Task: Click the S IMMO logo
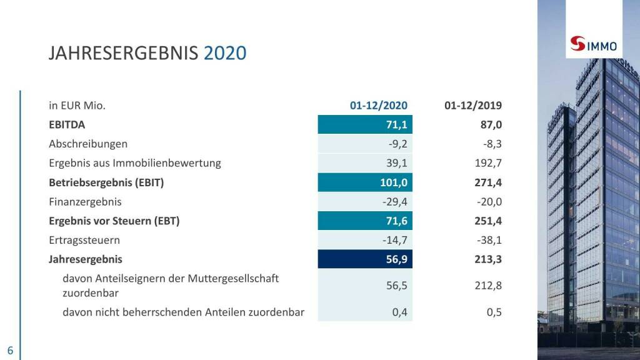pos(594,45)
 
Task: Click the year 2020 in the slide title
pos(225,53)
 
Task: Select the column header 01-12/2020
pos(378,106)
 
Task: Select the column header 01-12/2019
pos(473,106)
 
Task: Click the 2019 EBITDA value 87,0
pos(491,125)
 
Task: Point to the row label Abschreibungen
pos(88,144)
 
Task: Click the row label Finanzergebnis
pos(85,202)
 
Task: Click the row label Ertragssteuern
pos(84,240)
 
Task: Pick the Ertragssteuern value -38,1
pos(488,240)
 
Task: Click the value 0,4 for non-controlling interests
pos(399,312)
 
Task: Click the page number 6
pos(10,349)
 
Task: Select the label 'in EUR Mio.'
pos(77,106)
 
